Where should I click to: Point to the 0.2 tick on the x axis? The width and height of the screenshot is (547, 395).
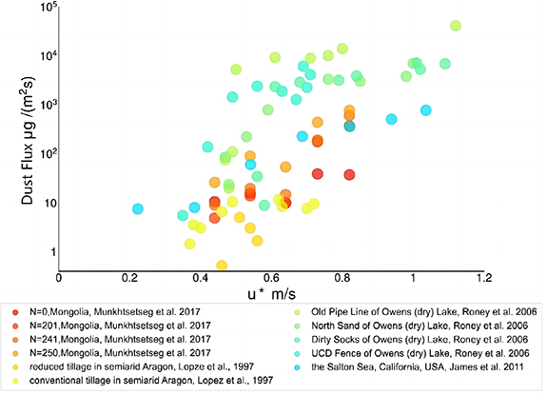click(130, 279)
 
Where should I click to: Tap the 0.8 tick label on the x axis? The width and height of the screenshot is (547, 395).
click(342, 279)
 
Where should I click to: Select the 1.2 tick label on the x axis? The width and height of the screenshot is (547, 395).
click(483, 279)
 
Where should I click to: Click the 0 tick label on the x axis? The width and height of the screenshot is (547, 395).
click(59, 279)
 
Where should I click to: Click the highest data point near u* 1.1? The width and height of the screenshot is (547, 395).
click(456, 26)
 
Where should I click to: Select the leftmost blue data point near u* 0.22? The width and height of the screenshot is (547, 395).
click(138, 208)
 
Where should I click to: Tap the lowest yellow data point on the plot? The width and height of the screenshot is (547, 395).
click(222, 266)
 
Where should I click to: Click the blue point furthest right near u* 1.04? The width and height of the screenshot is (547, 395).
click(426, 110)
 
